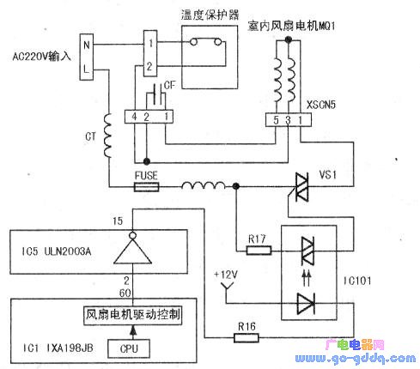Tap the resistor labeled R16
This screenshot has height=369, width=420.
pyautogui.click(x=247, y=337)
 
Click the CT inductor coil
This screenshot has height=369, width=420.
pyautogui.click(x=109, y=137)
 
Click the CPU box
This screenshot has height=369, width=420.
pyautogui.click(x=129, y=348)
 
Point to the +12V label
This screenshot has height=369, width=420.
pyautogui.click(x=224, y=274)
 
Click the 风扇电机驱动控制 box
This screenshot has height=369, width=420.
pyautogui.click(x=132, y=314)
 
